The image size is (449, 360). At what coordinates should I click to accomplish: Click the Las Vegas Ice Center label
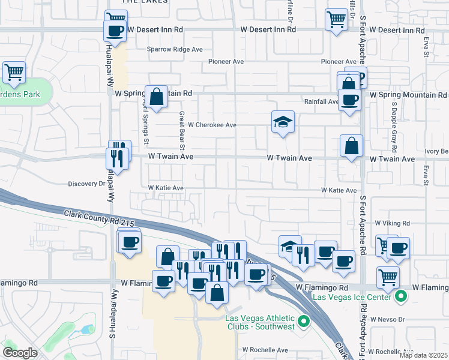click(x=354, y=297)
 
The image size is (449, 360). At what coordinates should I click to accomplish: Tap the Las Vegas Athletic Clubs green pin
click(x=304, y=322)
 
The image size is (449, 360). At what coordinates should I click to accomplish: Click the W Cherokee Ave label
click(x=212, y=125)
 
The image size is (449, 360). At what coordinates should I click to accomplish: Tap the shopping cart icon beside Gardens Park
click(x=14, y=73)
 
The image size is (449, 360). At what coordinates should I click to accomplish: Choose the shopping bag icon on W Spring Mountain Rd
click(x=156, y=96)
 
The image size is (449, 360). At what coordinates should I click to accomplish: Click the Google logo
click(x=20, y=352)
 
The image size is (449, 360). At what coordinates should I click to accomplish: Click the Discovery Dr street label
click(x=86, y=184)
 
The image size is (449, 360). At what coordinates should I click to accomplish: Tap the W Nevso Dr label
click(x=389, y=319)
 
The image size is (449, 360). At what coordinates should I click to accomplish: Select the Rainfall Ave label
click(x=321, y=102)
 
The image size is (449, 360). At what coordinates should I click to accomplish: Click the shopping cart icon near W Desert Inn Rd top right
click(x=336, y=19)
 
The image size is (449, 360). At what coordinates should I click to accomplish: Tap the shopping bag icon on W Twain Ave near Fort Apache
click(x=351, y=145)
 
